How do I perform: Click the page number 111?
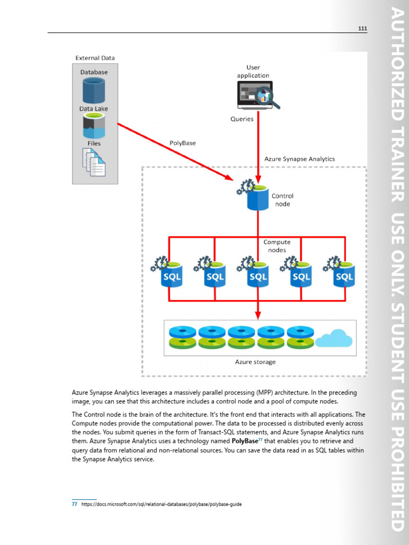[x=362, y=28]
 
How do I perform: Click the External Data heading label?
[x=95, y=58]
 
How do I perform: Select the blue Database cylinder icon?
[x=94, y=90]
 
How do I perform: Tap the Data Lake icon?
[x=94, y=125]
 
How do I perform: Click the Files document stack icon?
[x=94, y=162]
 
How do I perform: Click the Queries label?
[x=242, y=119]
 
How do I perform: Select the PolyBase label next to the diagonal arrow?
[x=183, y=143]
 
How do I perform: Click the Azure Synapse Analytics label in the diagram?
[x=299, y=159]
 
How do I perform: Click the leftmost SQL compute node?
[x=171, y=274]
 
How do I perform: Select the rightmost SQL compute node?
[x=343, y=274]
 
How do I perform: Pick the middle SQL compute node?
[x=258, y=274]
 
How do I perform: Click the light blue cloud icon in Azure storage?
[x=334, y=338]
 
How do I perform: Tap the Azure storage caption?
[x=256, y=362]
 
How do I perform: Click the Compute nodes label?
[x=277, y=246]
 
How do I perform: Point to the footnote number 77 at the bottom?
[x=75, y=504]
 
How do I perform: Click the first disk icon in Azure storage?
[x=182, y=337]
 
